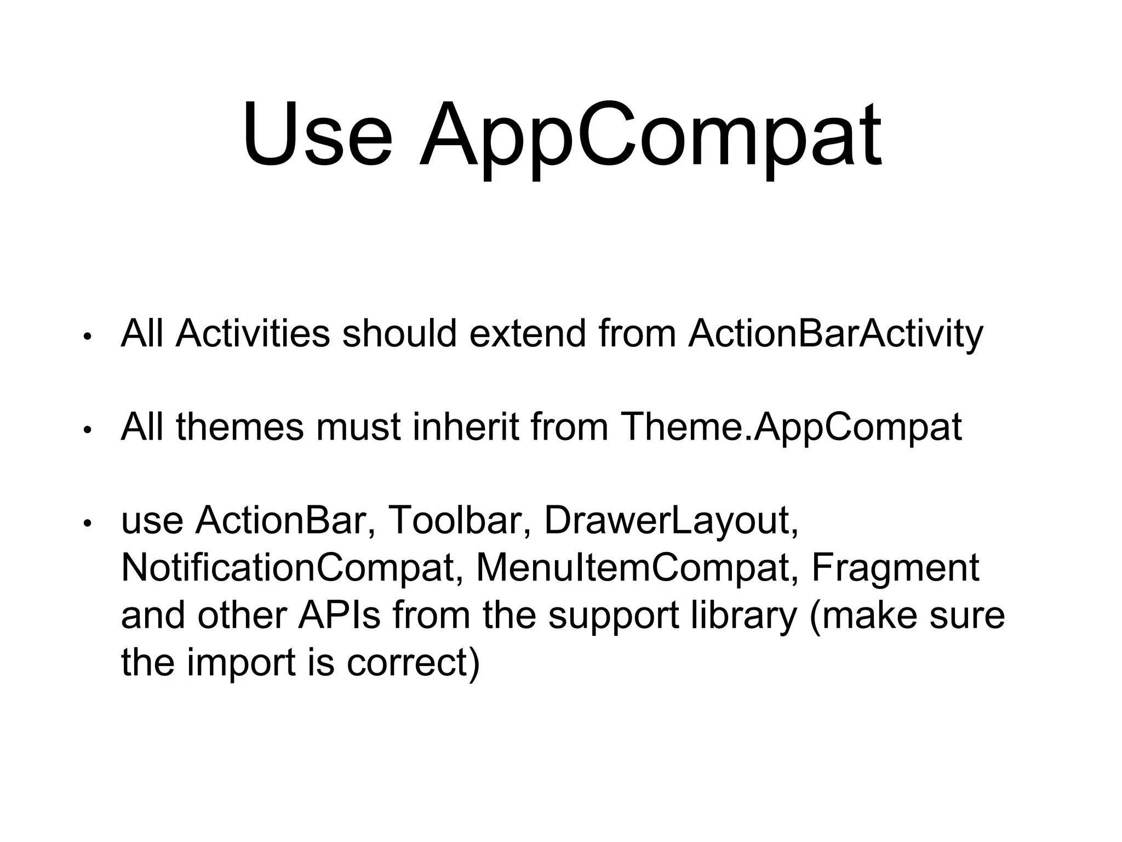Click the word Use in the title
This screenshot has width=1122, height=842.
click(x=318, y=134)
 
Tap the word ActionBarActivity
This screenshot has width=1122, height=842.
click(x=835, y=334)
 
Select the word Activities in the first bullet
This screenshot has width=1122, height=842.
click(x=253, y=334)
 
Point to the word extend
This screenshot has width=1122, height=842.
click(x=528, y=334)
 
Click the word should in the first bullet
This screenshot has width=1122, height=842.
click(x=399, y=334)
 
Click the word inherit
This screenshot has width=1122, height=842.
click(x=465, y=427)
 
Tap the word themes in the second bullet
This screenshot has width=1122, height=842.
click(x=239, y=427)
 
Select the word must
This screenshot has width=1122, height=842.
click(x=358, y=427)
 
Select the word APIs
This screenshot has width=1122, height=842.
click(x=339, y=615)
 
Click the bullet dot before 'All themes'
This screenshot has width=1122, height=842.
click(x=86, y=431)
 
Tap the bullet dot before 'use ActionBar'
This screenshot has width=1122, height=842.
click(x=86, y=524)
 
